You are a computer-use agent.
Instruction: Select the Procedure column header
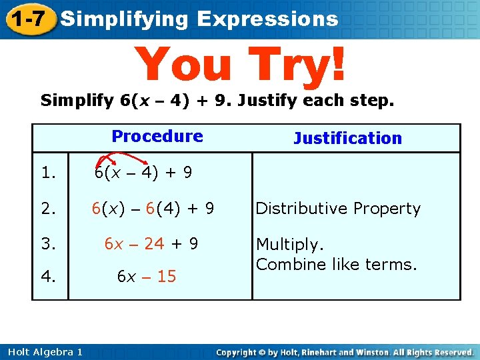click(157, 136)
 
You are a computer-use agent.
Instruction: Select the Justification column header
click(347, 139)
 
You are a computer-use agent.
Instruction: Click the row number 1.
click(47, 173)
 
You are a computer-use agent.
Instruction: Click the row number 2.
click(47, 209)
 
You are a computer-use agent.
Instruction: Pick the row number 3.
click(47, 244)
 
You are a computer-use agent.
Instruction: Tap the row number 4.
click(47, 276)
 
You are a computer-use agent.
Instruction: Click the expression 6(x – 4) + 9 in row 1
click(143, 173)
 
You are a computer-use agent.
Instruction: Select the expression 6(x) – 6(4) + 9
click(153, 209)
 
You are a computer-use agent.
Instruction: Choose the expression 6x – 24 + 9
click(151, 244)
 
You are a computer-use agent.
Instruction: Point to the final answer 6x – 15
click(147, 276)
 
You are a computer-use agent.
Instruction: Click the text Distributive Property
click(338, 209)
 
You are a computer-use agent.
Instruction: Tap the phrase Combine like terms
click(336, 264)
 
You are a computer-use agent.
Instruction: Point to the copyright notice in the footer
click(345, 352)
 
